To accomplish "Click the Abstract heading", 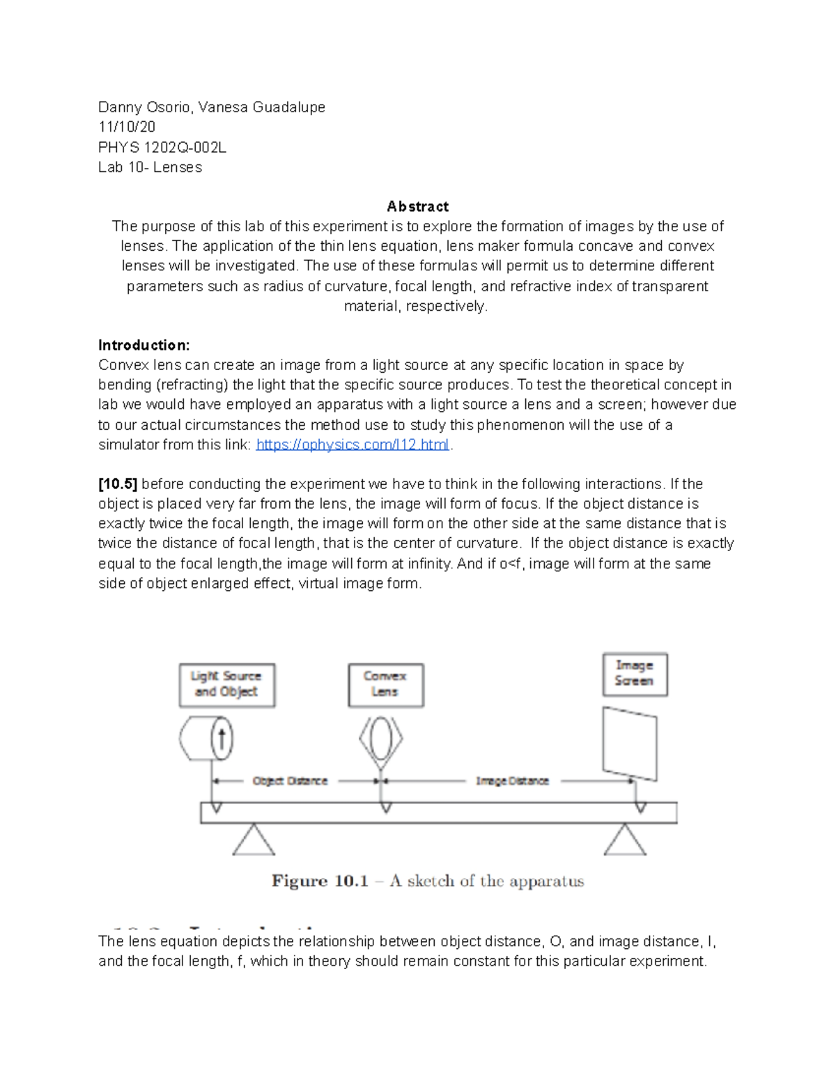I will (x=417, y=206).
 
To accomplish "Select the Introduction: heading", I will (x=144, y=345).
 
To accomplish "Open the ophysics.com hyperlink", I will (x=353, y=445).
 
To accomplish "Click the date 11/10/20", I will (x=127, y=127).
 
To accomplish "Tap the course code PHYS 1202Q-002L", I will (x=162, y=147).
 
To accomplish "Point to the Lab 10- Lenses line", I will (x=150, y=167).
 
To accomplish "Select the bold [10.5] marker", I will (x=118, y=484).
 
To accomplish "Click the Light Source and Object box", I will (x=226, y=684).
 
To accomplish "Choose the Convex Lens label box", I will (x=385, y=684).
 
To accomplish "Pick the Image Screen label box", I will (x=634, y=674).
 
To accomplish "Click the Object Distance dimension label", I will (x=290, y=781).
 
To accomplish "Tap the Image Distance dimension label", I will (x=513, y=781).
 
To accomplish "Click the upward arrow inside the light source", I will (x=222, y=739).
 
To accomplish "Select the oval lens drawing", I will (x=381, y=739).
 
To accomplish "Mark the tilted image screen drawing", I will (x=629, y=744).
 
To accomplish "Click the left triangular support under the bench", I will (x=254, y=842).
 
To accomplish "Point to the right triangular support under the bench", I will (x=625, y=842).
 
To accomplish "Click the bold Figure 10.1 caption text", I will (x=320, y=881).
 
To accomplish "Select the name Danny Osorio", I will (x=145, y=107).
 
